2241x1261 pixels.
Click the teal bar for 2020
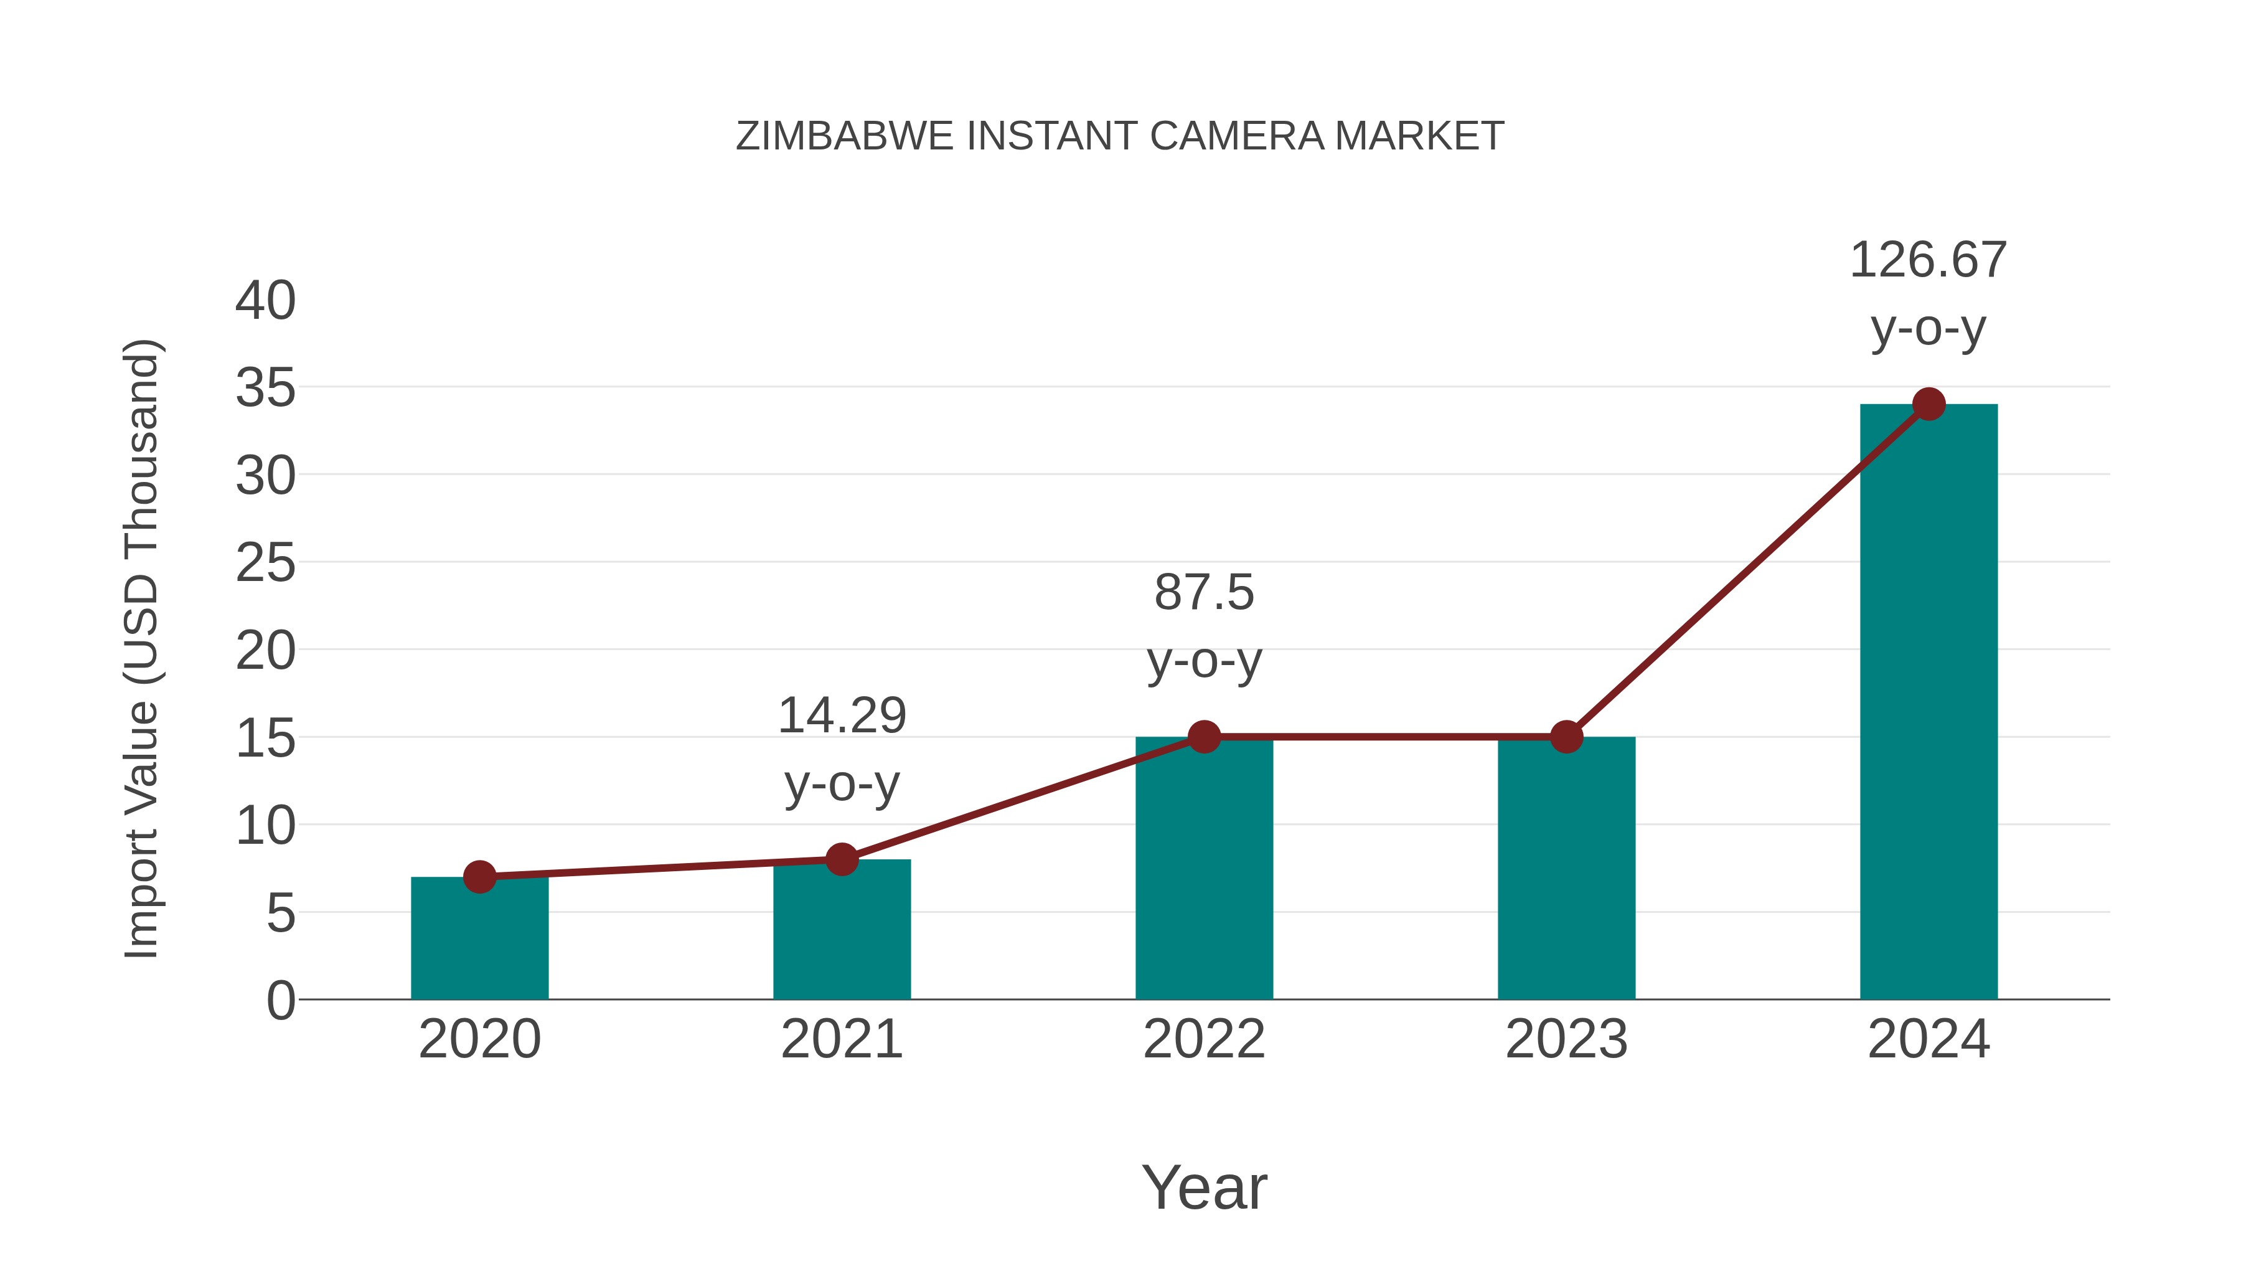479,940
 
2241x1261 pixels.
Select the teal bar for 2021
841,931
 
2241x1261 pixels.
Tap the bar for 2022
1204,871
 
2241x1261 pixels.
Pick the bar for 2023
1566,871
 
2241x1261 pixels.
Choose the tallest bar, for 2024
1929,705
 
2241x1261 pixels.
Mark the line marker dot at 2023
1566,737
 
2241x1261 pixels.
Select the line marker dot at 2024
1929,404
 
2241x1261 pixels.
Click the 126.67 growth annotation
1928,293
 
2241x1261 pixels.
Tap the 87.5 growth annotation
1204,626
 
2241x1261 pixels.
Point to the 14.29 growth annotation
841,749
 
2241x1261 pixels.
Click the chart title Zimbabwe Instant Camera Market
1120,136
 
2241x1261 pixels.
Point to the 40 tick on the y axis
265,301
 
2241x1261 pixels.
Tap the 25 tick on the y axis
265,564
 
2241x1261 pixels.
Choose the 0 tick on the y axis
281,1001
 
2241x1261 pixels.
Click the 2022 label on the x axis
1204,1039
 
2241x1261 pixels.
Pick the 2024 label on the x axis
1929,1039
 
